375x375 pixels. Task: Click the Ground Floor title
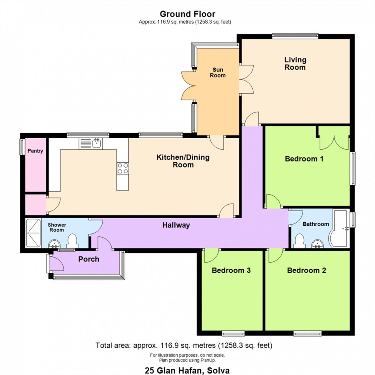[x=187, y=15]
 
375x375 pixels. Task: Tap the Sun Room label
[x=218, y=72]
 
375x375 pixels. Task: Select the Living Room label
[x=295, y=64]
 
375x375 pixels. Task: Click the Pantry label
[x=35, y=151]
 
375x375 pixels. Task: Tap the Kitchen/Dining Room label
[x=183, y=161]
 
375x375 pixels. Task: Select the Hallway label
[x=176, y=225]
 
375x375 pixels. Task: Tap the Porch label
[x=89, y=259]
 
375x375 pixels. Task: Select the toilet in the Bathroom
[x=300, y=241]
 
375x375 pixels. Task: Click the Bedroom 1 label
[x=304, y=159]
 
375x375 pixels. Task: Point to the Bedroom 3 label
[x=231, y=271]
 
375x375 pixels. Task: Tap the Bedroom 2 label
[x=307, y=271]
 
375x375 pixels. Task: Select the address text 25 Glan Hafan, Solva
[x=187, y=370]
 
